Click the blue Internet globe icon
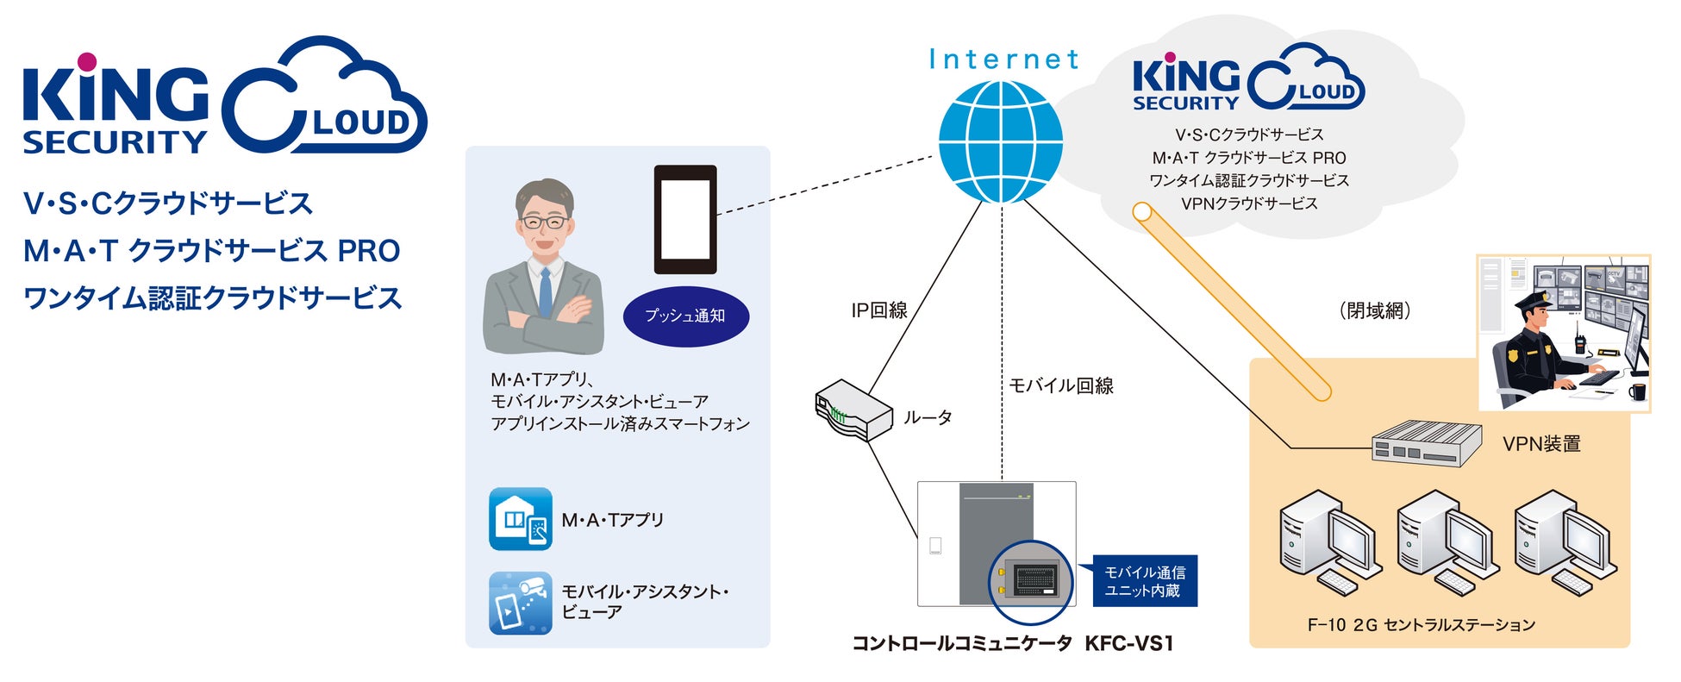coord(1001,142)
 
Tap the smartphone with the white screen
coord(685,220)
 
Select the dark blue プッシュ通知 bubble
coord(686,316)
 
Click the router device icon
coord(853,410)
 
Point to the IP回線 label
coord(879,310)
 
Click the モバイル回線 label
coord(1061,385)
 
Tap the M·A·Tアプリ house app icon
coord(521,519)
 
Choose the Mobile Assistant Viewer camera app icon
coord(521,603)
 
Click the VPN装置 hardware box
coord(1426,443)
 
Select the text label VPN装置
coord(1541,444)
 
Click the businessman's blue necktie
coord(545,292)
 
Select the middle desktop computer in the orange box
coord(1448,541)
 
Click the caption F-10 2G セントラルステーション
coord(1421,624)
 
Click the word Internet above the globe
coord(1003,59)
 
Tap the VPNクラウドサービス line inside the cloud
coord(1249,203)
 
